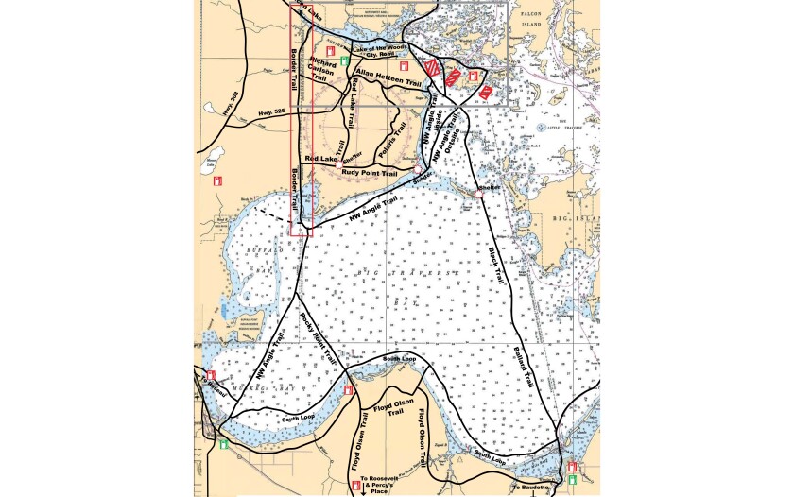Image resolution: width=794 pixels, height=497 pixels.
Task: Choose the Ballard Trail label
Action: [x=524, y=367]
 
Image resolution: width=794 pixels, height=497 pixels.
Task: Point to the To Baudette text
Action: [x=529, y=486]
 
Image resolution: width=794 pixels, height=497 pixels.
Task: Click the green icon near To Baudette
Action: [x=572, y=479]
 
